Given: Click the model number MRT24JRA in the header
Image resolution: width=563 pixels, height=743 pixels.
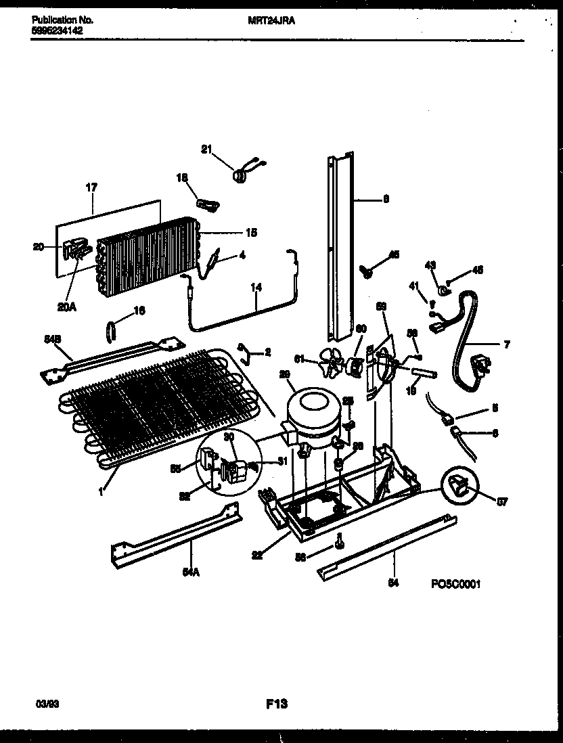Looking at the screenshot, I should click(x=271, y=21).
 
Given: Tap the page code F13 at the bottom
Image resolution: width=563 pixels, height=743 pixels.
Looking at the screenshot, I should click(x=277, y=705).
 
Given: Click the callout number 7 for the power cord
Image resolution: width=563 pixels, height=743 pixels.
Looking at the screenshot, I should click(x=506, y=344).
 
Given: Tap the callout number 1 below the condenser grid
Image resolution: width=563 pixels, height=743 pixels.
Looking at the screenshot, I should click(x=101, y=492).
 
